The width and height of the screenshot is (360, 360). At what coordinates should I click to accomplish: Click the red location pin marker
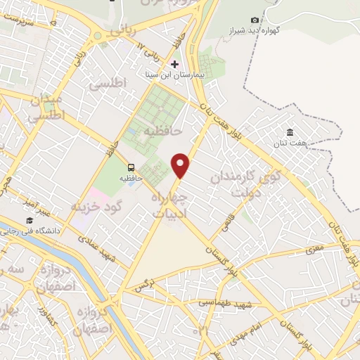pyautogui.click(x=181, y=165)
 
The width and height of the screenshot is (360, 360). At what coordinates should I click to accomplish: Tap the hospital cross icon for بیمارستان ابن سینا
pyautogui.click(x=174, y=64)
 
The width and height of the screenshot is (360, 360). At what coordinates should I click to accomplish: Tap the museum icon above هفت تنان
pyautogui.click(x=290, y=131)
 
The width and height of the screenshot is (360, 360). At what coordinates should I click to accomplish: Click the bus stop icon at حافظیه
pyautogui.click(x=131, y=167)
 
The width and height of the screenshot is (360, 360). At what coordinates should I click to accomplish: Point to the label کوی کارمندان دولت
pyautogui.click(x=245, y=182)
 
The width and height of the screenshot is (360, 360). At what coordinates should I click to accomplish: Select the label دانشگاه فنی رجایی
pyautogui.click(x=63, y=230)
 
